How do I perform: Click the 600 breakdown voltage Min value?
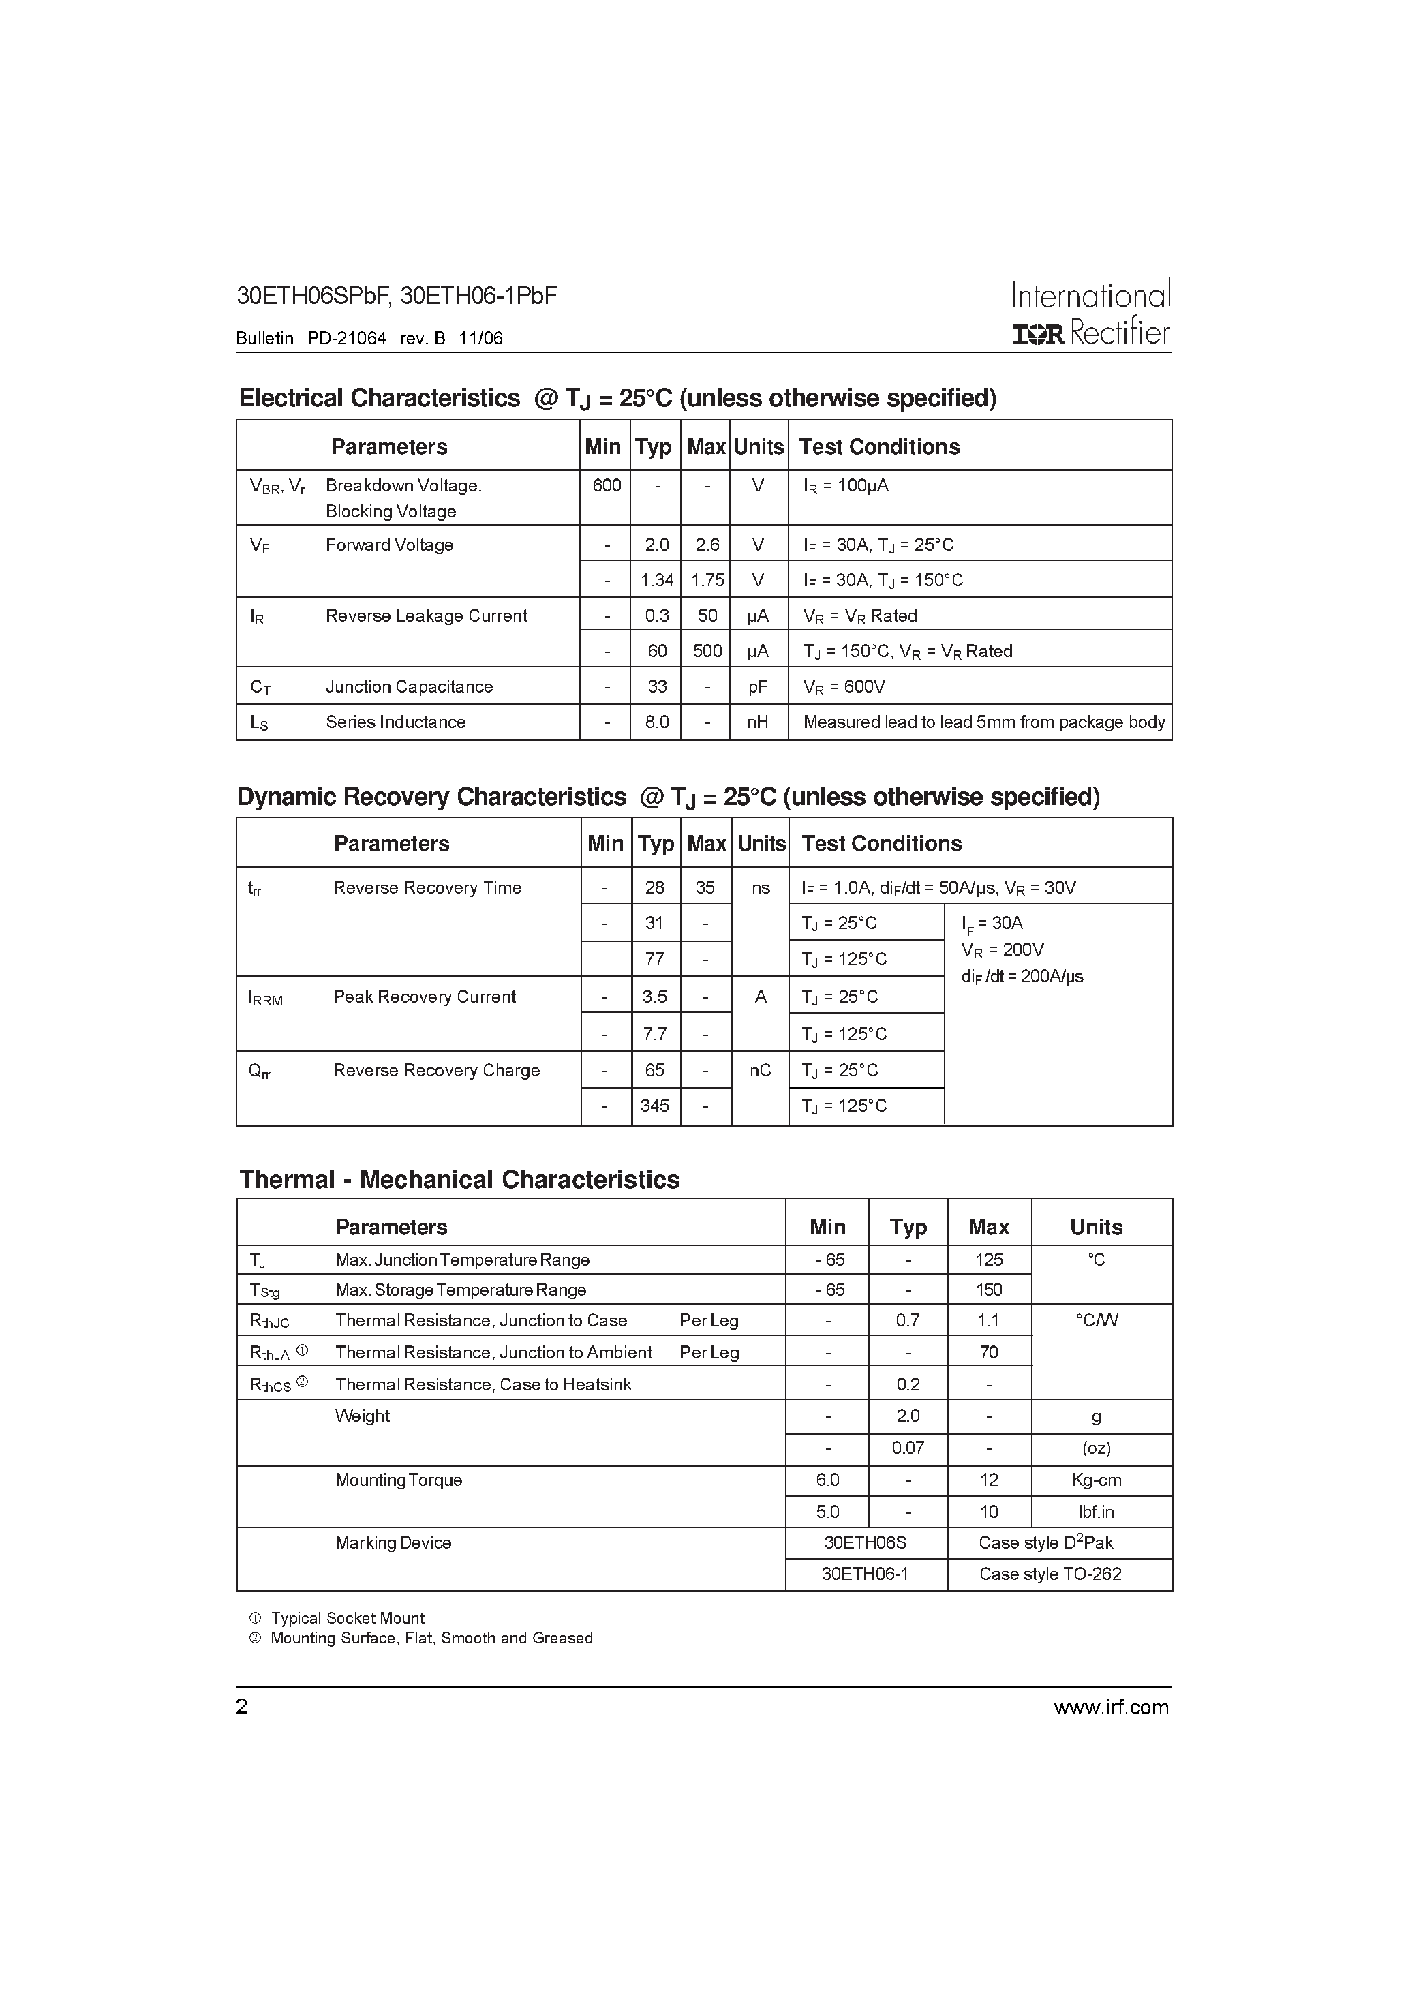pos(606,485)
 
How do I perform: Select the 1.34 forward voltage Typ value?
pos(656,580)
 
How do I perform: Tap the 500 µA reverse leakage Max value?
pos(707,651)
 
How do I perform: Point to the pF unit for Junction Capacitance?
pos(758,686)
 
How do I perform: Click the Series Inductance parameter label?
pos(395,722)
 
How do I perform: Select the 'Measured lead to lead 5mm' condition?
pos(983,722)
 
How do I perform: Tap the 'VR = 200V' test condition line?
pos(1002,949)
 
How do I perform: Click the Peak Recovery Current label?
pos(424,996)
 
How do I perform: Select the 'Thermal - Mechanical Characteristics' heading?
pos(459,1180)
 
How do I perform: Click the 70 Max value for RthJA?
pos(988,1352)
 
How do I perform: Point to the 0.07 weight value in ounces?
pos(907,1448)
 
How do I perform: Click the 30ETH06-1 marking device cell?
pos(865,1574)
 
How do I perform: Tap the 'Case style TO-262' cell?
pos(1050,1574)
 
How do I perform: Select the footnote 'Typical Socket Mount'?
pos(347,1618)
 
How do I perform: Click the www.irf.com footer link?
pos(1110,1707)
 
